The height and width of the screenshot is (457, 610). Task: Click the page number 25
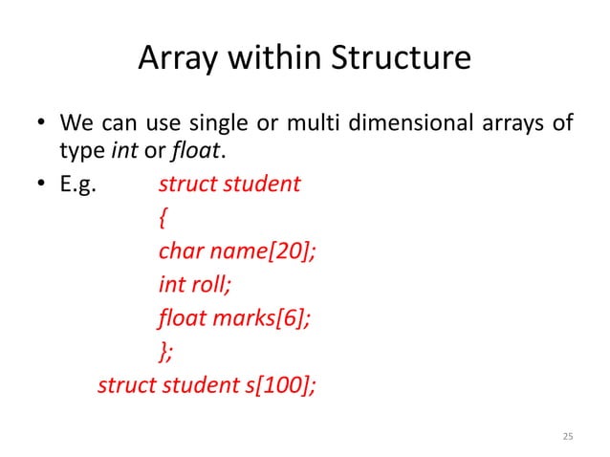(x=567, y=437)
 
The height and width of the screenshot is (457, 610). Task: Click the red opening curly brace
(x=163, y=219)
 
